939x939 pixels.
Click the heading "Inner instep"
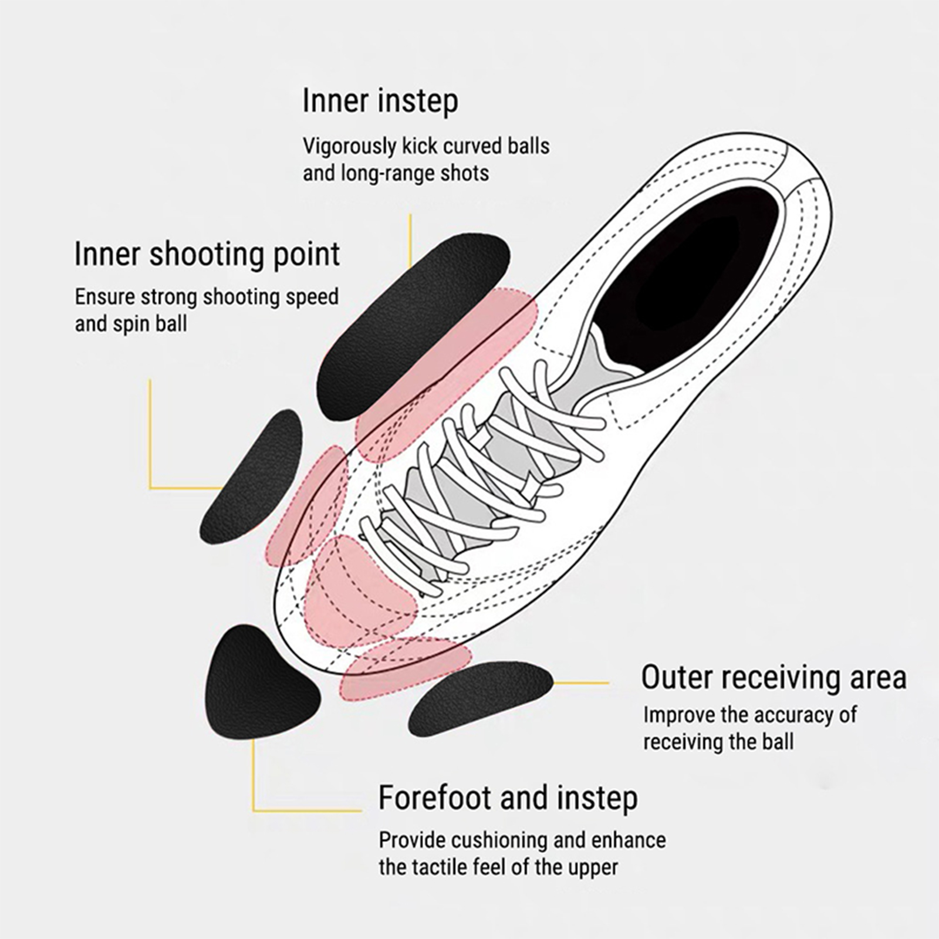pyautogui.click(x=380, y=101)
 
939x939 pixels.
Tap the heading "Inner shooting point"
pyautogui.click(x=207, y=254)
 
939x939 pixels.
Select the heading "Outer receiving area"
pyautogui.click(x=774, y=677)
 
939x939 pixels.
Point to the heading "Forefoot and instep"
pyautogui.click(x=508, y=798)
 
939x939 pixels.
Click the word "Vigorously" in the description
pyautogui.click(x=350, y=146)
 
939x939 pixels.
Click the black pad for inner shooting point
pyautogui.click(x=252, y=475)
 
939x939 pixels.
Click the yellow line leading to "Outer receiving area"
pyautogui.click(x=581, y=683)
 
